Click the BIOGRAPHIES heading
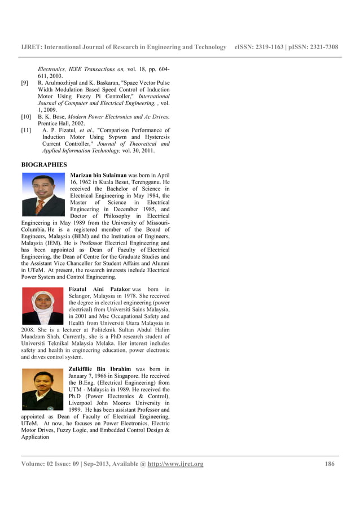pyautogui.click(x=44, y=164)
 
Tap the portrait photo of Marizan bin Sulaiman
pyautogui.click(x=43, y=194)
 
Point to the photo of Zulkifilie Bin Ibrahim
pyautogui.click(x=43, y=389)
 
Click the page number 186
pyautogui.click(x=330, y=464)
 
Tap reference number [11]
pyautogui.click(x=26, y=130)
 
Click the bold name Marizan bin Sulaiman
pyautogui.click(x=98, y=176)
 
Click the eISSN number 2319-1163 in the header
pyautogui.click(x=271, y=47)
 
